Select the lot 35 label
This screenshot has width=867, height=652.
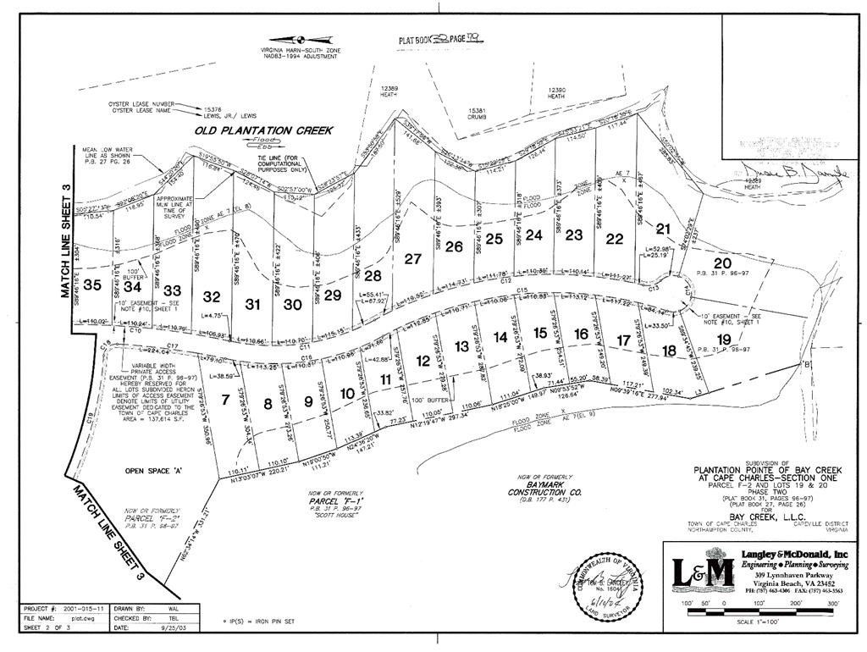(x=92, y=285)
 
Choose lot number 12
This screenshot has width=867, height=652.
(x=423, y=362)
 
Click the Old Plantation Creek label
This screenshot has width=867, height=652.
(x=263, y=130)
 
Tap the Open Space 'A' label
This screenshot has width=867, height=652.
(x=149, y=471)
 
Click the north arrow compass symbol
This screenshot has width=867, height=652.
(x=299, y=39)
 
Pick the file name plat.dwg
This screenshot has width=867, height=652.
(x=80, y=618)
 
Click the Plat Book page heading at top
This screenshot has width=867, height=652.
(x=441, y=39)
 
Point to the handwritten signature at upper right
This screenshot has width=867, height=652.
(x=792, y=174)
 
